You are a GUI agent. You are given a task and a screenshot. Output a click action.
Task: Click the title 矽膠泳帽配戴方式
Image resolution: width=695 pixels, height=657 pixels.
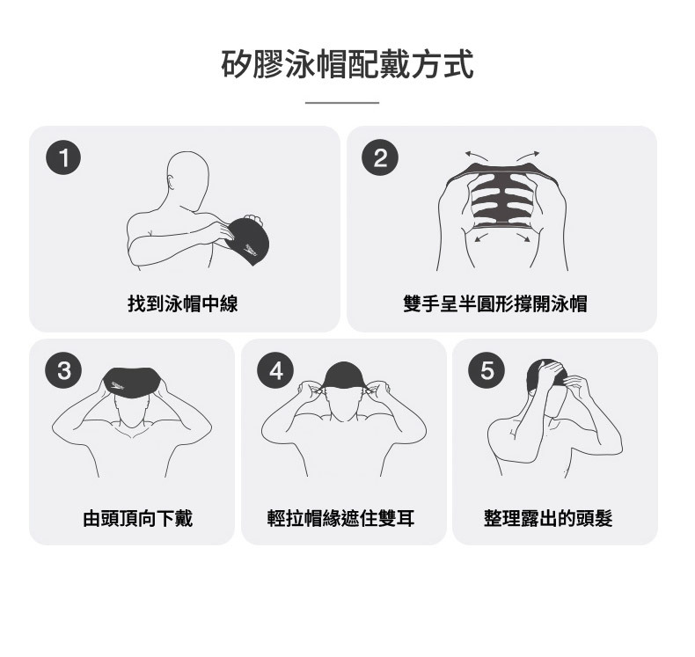(x=347, y=65)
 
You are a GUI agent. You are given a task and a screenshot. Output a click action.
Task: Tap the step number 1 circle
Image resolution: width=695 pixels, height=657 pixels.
(x=63, y=157)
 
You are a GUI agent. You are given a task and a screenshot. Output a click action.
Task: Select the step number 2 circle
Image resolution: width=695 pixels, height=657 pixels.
(x=380, y=157)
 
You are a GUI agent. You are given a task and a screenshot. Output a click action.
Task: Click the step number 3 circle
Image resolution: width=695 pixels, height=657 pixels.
(x=63, y=370)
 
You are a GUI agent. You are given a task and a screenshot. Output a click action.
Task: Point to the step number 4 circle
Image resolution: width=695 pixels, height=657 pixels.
(x=275, y=370)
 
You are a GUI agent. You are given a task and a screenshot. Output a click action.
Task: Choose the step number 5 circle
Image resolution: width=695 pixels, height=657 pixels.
(x=486, y=370)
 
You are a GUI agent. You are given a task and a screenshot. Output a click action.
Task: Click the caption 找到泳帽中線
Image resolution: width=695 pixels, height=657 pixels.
(x=183, y=304)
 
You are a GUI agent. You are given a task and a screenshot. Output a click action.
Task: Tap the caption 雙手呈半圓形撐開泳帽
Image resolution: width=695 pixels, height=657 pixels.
(x=495, y=304)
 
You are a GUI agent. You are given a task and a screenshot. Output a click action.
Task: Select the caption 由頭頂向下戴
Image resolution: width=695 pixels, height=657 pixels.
(x=138, y=518)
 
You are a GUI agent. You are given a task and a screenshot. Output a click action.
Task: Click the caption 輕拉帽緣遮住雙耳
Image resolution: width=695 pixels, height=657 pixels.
(x=340, y=518)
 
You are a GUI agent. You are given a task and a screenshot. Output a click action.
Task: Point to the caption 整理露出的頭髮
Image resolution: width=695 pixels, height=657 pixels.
(x=548, y=518)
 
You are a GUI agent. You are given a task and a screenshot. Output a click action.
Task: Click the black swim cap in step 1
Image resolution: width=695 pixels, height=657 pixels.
(x=245, y=242)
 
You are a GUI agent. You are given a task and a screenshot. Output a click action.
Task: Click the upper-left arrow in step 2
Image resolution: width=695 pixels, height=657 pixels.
(x=477, y=155)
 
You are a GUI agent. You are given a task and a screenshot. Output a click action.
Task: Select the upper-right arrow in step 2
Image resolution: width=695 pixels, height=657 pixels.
(x=528, y=156)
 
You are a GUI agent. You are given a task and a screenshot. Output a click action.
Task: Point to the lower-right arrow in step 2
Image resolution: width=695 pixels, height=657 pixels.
(x=523, y=237)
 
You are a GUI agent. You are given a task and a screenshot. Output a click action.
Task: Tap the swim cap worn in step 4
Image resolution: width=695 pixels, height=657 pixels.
(x=344, y=376)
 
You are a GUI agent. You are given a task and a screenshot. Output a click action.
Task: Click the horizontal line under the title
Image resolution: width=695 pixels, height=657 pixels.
(x=342, y=103)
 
